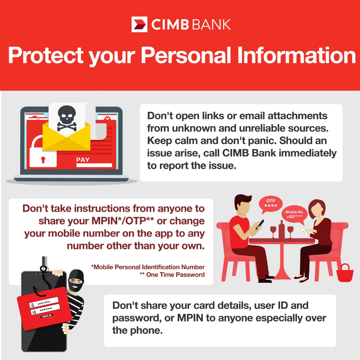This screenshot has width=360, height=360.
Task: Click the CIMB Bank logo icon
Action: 139,24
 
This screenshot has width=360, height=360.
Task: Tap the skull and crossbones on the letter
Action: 67,118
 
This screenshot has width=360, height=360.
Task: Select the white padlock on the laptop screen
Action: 43,152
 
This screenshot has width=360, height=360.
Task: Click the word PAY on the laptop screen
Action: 83,160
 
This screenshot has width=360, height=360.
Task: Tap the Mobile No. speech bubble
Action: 294,214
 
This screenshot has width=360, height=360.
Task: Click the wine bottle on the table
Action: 282,229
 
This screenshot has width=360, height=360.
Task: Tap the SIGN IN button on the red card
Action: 47,316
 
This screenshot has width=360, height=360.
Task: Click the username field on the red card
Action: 44,303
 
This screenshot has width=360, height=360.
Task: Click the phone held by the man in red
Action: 260,224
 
